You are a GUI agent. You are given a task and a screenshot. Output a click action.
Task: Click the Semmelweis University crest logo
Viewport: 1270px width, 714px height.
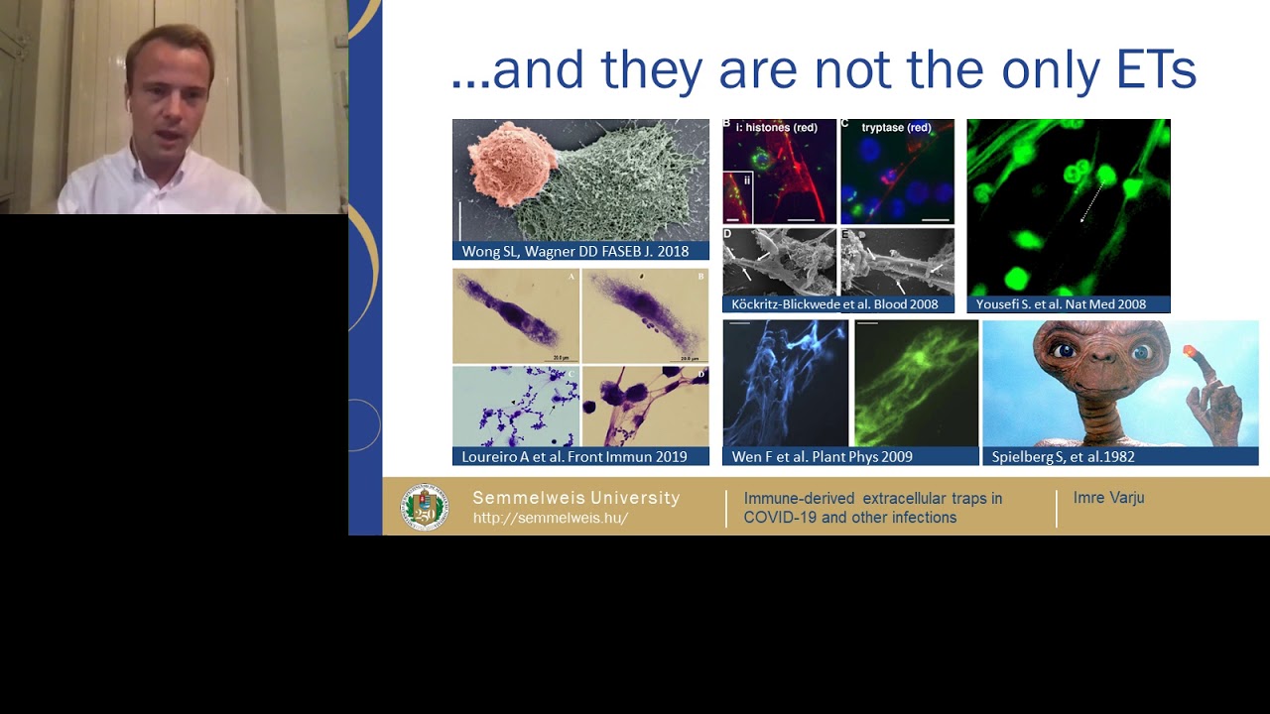pos(425,507)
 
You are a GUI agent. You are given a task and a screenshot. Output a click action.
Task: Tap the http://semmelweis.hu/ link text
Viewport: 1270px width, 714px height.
pos(550,518)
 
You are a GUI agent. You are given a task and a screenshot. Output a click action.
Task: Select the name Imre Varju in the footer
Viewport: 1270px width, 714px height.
pos(1108,498)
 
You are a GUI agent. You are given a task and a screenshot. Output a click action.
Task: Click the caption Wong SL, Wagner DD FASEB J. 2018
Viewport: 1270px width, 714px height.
pos(575,252)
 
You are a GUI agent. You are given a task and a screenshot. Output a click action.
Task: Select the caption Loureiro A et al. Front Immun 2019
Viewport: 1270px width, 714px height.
pos(574,457)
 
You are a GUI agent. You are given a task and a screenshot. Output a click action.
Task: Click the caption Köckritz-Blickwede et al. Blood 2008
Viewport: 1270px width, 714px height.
pos(834,304)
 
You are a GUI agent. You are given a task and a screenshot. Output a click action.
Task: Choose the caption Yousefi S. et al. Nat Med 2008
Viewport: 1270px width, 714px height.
pos(1061,304)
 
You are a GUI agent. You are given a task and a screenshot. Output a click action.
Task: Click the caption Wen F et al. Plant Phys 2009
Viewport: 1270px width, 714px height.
pos(822,457)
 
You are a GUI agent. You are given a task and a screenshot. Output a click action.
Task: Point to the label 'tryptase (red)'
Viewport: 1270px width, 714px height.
pos(896,128)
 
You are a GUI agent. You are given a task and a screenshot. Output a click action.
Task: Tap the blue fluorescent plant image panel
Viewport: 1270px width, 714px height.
pos(784,383)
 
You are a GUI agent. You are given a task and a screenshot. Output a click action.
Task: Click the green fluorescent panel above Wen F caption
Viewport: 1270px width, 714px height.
pos(916,383)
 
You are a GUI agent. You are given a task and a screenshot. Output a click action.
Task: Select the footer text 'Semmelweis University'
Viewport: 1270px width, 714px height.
pos(575,498)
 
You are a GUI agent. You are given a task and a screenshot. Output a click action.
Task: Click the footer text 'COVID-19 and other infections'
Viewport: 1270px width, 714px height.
pos(849,518)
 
